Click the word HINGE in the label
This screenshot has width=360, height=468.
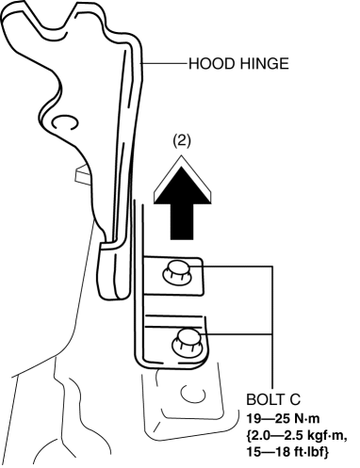[x=265, y=64]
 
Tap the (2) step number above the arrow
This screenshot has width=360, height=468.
[x=182, y=141]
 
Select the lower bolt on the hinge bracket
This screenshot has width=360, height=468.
[x=187, y=342]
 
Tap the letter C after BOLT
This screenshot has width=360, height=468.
[x=295, y=399]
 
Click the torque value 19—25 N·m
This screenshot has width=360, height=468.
[x=283, y=419]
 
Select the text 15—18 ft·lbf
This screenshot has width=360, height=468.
[x=286, y=452]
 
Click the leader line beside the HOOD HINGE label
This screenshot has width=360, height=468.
[x=164, y=64]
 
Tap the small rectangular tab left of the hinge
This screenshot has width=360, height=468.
[x=83, y=173]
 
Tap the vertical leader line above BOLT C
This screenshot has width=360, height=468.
[x=272, y=328]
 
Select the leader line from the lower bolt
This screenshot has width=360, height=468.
[x=237, y=334]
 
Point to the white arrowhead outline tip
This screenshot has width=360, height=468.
[x=182, y=156]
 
